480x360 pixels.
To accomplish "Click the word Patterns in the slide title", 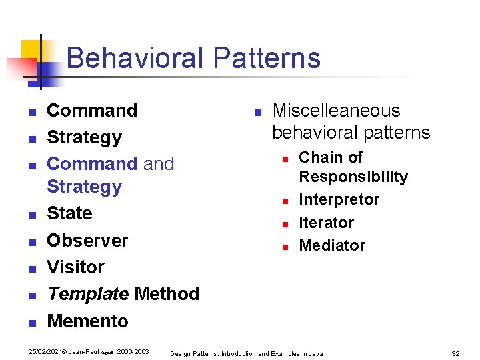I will click(267, 58).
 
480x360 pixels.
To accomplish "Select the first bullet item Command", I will click(92, 110).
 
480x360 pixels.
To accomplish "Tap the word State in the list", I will click(69, 213).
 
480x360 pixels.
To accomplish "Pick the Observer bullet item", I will click(87, 240).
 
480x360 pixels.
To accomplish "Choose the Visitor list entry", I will click(75, 267).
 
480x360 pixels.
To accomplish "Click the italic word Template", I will click(87, 294).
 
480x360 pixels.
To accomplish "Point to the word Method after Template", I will click(167, 294).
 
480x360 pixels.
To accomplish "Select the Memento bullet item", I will click(87, 321).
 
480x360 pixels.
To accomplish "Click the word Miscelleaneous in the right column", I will click(336, 110).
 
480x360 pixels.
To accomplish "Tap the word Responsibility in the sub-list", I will click(353, 177).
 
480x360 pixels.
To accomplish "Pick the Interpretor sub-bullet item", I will click(339, 199).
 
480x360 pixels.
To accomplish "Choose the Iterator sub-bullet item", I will click(326, 223).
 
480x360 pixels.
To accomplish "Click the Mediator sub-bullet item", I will click(332, 245).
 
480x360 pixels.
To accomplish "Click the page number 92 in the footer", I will click(456, 353).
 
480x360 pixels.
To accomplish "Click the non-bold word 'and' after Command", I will click(159, 164).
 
